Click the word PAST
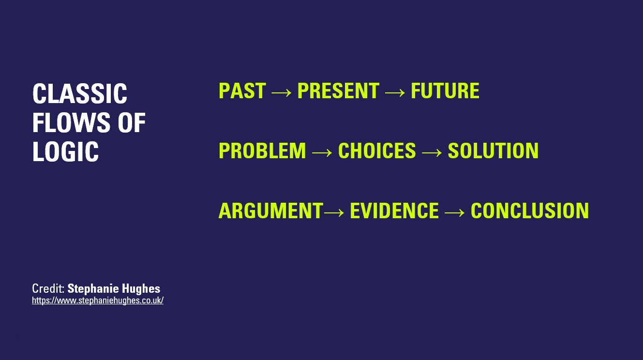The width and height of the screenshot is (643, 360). [x=242, y=91]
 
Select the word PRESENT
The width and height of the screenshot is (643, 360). [x=339, y=91]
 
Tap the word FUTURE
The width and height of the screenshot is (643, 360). [x=445, y=91]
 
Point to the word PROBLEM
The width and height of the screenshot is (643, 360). [x=262, y=150]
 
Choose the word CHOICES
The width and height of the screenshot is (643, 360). [x=377, y=150]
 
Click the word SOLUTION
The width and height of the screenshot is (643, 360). [x=493, y=150]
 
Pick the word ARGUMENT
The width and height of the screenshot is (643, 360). [x=271, y=210]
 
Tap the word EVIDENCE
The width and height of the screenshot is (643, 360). [x=394, y=210]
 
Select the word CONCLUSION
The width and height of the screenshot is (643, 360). [x=530, y=210]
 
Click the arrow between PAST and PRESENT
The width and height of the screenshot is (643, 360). [x=282, y=92]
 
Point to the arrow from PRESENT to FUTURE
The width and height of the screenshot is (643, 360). [x=395, y=92]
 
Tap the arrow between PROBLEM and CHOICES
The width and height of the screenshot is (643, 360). [x=322, y=152]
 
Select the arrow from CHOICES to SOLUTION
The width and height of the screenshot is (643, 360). [x=432, y=152]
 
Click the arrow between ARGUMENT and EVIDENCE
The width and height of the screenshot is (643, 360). [x=334, y=212]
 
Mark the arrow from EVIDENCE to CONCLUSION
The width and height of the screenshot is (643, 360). [x=455, y=212]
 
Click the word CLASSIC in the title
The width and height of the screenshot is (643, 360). [x=80, y=93]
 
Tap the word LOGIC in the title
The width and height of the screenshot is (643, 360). [x=66, y=151]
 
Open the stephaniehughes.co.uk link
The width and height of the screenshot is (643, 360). [x=98, y=300]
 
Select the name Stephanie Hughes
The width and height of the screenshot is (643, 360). [x=114, y=288]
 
